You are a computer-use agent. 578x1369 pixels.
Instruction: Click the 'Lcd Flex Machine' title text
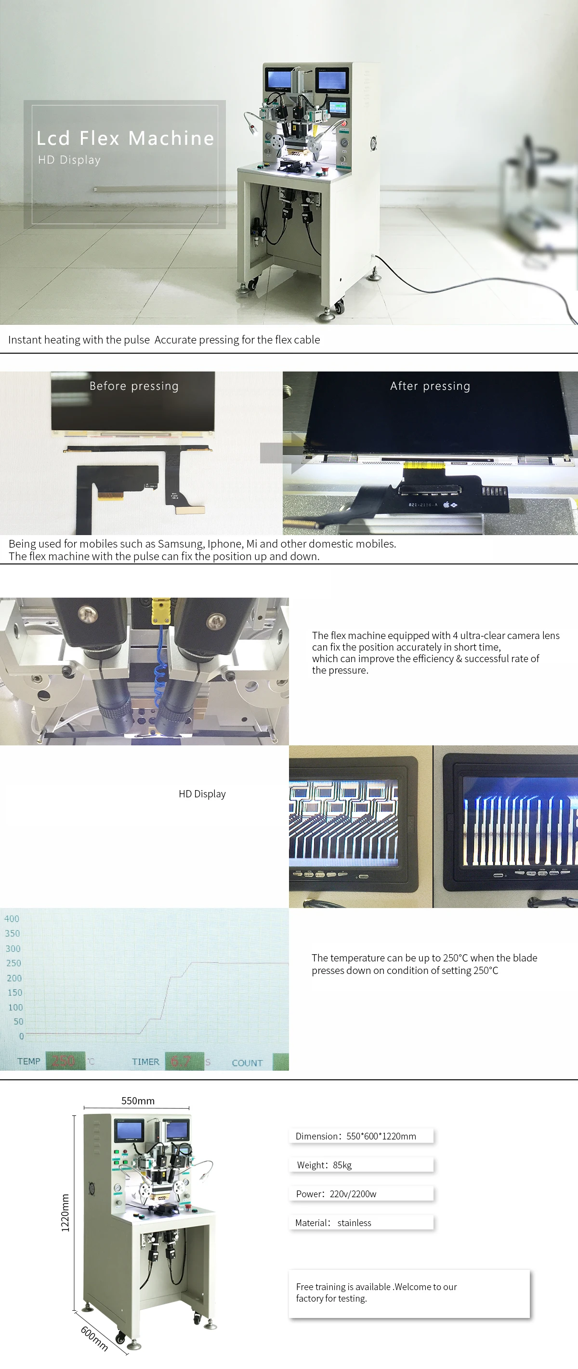(125, 138)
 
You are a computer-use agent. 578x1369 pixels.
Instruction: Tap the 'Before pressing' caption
(134, 386)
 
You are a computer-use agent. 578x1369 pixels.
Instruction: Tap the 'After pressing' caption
(430, 386)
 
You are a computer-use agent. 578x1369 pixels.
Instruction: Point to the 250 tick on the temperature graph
(13, 962)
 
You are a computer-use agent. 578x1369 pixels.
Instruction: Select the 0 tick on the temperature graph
(21, 1036)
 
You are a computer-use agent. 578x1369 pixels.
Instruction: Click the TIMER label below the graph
(145, 1062)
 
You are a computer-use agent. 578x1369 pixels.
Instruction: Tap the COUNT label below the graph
(247, 1062)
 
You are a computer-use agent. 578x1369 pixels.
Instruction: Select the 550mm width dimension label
(138, 1100)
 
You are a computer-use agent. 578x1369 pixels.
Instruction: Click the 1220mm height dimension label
(65, 1212)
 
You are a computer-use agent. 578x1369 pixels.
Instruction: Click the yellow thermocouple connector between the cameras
(158, 611)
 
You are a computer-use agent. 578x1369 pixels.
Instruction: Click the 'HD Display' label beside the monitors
(202, 793)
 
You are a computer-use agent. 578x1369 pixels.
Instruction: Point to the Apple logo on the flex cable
(447, 504)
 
